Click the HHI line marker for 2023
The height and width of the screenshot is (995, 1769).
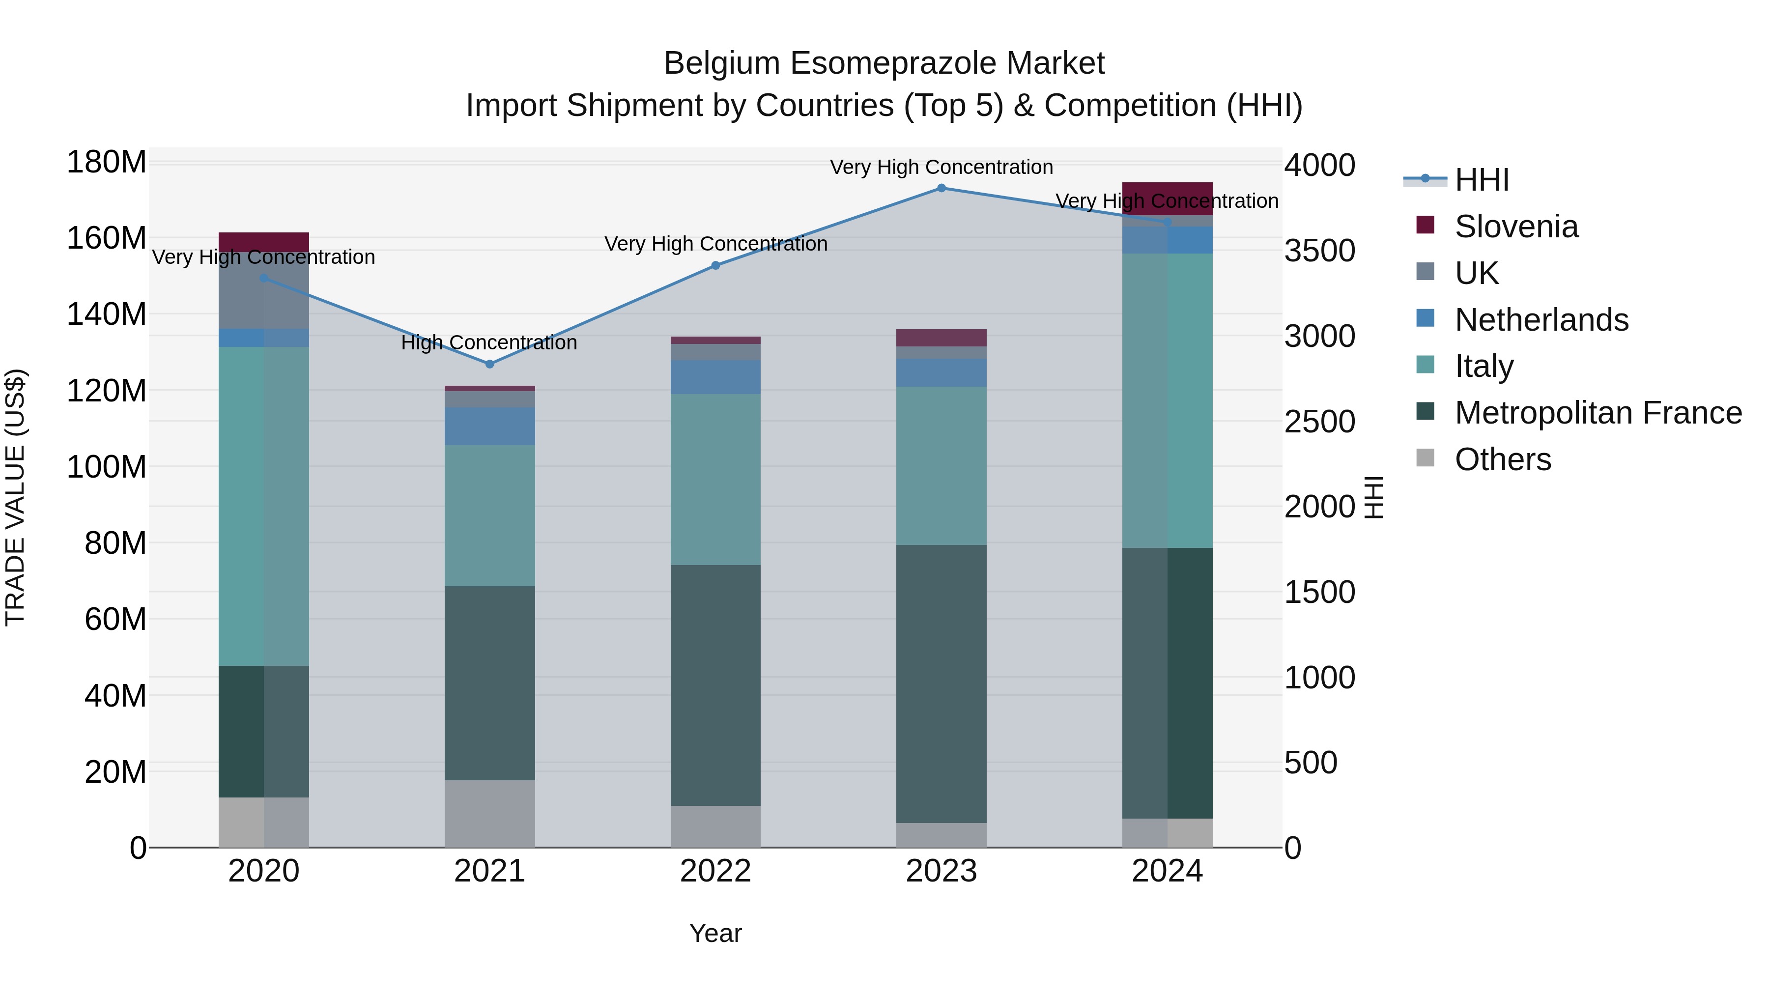tap(942, 188)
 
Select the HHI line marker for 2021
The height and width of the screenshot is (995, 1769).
tap(489, 365)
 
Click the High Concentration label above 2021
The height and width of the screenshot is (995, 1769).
tap(489, 342)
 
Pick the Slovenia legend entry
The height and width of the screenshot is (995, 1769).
tap(1516, 227)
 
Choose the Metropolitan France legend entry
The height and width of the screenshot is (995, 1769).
tap(1598, 413)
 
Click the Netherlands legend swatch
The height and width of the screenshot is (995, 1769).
tap(1425, 318)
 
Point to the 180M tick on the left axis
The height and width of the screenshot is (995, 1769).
tap(107, 163)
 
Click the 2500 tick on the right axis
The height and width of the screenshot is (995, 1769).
tap(1319, 422)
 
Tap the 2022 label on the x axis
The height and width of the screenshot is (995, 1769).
tap(715, 871)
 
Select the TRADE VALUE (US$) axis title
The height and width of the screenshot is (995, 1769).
tap(15, 498)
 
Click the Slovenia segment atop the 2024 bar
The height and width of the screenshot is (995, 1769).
tap(1168, 199)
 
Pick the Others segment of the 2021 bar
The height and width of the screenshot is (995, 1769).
tap(489, 814)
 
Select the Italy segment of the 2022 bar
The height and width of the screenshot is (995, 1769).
tap(715, 479)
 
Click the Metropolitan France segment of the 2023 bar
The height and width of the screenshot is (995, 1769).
tap(942, 683)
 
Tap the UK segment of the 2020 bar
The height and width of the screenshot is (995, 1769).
tap(264, 290)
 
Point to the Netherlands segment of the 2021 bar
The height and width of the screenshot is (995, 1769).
tap(489, 426)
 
